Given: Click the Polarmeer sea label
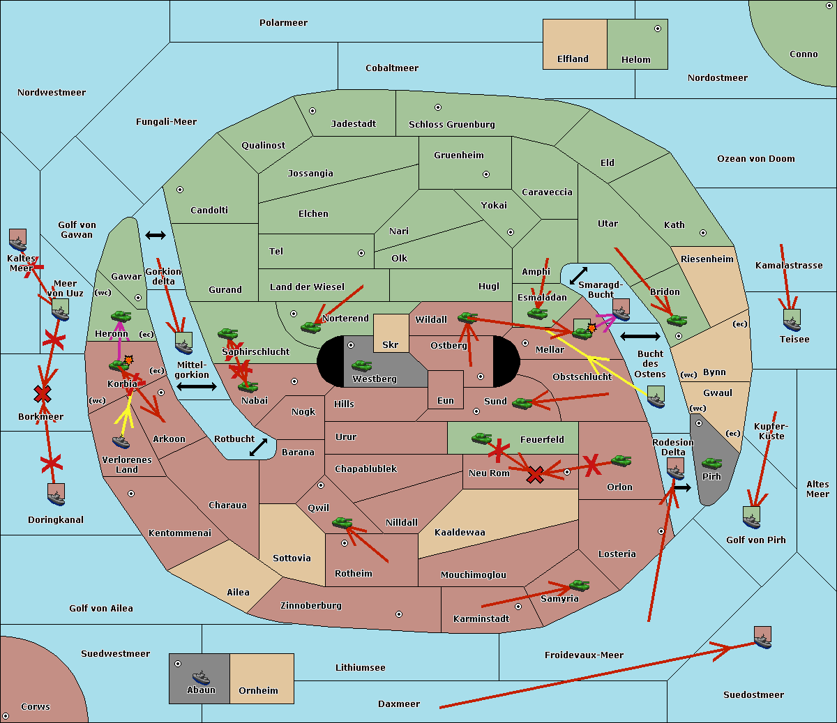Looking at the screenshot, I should (x=283, y=23).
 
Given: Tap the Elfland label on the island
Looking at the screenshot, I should (x=573, y=59).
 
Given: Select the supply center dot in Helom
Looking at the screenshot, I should (x=657, y=29).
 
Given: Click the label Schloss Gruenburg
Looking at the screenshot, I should (x=451, y=125).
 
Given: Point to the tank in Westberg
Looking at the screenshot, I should (x=361, y=365).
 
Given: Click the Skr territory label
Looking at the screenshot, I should (x=390, y=345).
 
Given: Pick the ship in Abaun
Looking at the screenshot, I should (x=201, y=677).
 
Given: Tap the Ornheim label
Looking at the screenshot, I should (x=258, y=691).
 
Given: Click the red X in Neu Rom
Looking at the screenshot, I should (x=535, y=475).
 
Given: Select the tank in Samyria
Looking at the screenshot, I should (x=579, y=585).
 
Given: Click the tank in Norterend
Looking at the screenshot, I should (x=310, y=326).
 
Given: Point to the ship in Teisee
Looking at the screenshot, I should (x=792, y=320).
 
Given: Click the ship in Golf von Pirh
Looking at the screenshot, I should (x=752, y=517).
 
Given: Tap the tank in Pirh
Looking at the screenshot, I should (x=711, y=464).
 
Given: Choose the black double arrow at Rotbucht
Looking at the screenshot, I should (x=258, y=447).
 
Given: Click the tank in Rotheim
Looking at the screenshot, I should (x=342, y=522).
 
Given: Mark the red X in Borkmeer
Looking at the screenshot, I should (x=43, y=395).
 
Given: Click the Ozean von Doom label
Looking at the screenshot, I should (x=755, y=159).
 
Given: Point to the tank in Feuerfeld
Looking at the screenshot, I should (x=481, y=438).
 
